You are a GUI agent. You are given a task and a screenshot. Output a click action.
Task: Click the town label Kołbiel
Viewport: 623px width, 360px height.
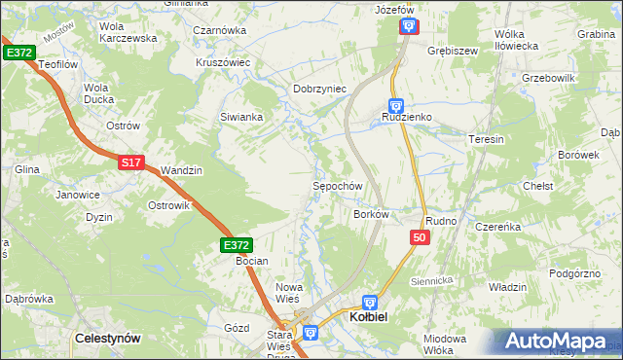coord(371,318)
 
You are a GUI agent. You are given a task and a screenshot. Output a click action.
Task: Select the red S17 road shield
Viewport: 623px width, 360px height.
coord(133,163)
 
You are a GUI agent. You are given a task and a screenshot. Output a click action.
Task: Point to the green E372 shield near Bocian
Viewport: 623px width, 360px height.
coord(237,246)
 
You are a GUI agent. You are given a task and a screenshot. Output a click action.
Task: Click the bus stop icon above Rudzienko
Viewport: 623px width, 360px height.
coord(396,105)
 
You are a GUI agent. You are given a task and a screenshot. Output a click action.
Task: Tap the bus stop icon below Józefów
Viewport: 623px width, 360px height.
coord(408,26)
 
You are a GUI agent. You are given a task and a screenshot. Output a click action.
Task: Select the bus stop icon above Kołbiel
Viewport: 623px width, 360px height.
coord(370,303)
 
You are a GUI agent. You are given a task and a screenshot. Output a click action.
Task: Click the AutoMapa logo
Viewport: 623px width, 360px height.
coord(556,341)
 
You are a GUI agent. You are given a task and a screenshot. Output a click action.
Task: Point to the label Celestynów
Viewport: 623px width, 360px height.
coord(108,338)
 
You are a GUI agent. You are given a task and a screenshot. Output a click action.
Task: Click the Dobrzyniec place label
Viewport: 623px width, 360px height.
coord(320,89)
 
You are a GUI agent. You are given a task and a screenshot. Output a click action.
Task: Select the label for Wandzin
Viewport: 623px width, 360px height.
coord(181,170)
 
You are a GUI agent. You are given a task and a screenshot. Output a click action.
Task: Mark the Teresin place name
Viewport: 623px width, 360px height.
coord(487,139)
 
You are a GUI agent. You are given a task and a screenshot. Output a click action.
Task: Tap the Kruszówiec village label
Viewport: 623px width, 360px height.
coord(223,62)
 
